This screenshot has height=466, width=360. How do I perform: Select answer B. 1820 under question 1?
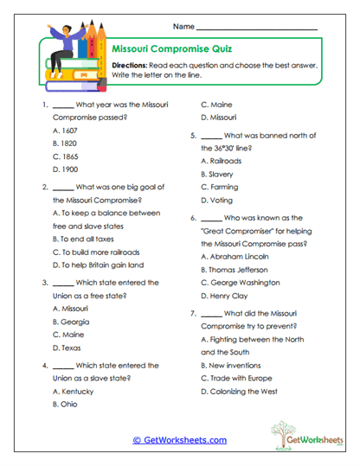[66, 142]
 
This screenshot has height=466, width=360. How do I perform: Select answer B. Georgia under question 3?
[72, 322]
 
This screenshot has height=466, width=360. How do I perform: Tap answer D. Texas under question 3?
[67, 348]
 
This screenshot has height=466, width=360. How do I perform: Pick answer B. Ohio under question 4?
[67, 404]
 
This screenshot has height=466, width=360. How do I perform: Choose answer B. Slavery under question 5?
[217, 174]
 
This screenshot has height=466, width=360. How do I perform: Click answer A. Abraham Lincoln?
[235, 257]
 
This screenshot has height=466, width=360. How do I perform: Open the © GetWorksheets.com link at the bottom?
[180, 439]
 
